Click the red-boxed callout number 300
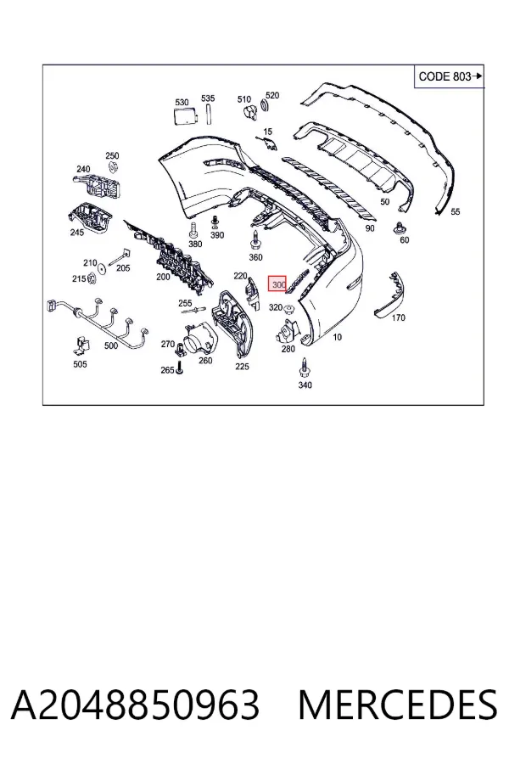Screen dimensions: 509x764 coord(278,284)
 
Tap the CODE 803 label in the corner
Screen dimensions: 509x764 coord(445,76)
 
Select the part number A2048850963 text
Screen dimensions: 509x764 coord(136,705)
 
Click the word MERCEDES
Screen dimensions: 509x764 coord(398,705)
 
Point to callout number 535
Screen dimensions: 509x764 coord(208,98)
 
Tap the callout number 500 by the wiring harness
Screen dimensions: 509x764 coord(111,345)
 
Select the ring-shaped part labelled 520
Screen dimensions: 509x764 coord(266,106)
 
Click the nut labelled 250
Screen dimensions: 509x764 coord(112,168)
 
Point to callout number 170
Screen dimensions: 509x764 coord(399,317)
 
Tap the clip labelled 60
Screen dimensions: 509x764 coord(401,228)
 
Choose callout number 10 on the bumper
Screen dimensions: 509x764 coord(337,337)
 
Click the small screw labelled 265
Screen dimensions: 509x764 coord(179,368)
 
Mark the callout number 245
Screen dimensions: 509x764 coord(77,233)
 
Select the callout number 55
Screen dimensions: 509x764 coord(456,211)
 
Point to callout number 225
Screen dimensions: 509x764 coord(242,367)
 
